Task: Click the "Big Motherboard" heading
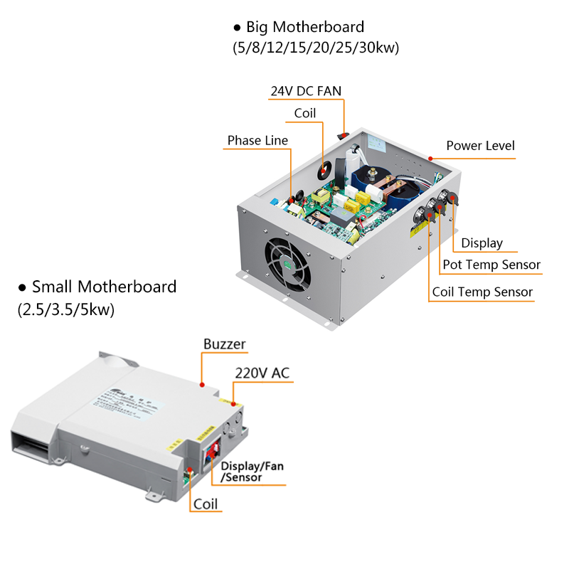tap(305, 27)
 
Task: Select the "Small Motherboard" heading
tap(104, 287)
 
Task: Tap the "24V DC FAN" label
tap(306, 91)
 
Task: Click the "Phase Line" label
tap(257, 140)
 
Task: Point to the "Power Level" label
tap(480, 146)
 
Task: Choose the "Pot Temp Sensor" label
tap(491, 265)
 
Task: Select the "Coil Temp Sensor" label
tap(482, 292)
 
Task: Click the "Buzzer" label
tap(224, 344)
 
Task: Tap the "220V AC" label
tap(262, 373)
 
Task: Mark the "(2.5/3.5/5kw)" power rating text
tap(65, 310)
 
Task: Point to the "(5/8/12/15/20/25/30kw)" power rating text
tap(316, 48)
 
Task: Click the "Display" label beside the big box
tap(482, 243)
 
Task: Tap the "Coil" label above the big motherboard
tap(304, 113)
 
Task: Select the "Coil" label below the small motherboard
tap(207, 504)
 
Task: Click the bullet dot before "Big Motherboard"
tap(238, 28)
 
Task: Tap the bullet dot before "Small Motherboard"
tap(23, 287)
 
